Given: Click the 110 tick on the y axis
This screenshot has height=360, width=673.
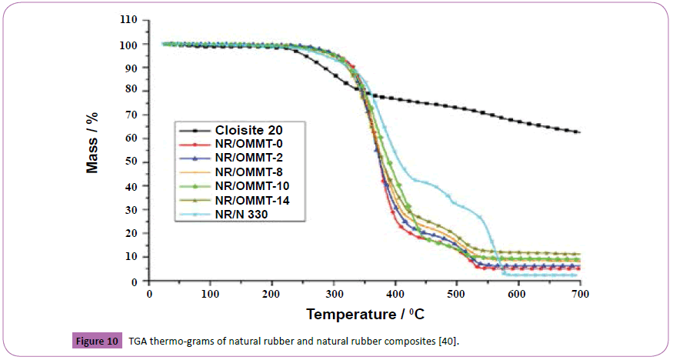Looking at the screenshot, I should [128, 21].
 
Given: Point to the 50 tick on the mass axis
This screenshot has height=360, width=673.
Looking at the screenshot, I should [131, 162].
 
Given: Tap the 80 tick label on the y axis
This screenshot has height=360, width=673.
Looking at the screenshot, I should [131, 92].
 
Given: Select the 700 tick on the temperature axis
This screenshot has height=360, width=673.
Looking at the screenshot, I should [579, 294].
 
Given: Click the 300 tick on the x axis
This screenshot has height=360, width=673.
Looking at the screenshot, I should [333, 294].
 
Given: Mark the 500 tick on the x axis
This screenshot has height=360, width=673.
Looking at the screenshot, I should [456, 294].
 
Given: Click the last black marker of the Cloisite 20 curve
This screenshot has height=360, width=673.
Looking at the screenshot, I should [578, 132].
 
